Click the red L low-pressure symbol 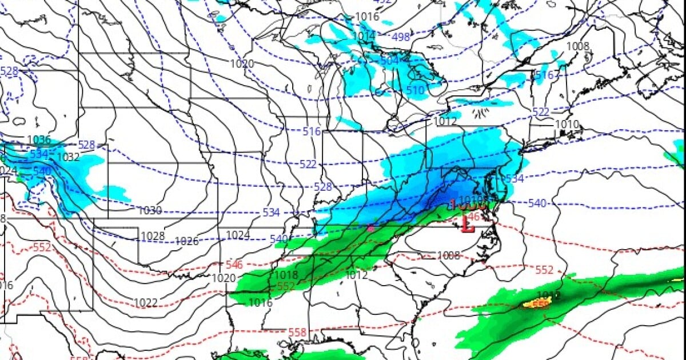click(x=468, y=225)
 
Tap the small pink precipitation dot click(x=370, y=228)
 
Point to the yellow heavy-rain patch click(x=537, y=303)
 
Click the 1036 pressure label click(x=39, y=140)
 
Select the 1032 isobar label click(x=68, y=157)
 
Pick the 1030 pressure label click(x=150, y=211)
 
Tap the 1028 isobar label click(x=153, y=236)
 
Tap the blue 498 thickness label click(x=401, y=37)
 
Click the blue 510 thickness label click(x=416, y=90)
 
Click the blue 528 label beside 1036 click(x=86, y=145)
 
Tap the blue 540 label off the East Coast click(x=537, y=203)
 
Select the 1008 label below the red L click(x=448, y=255)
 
